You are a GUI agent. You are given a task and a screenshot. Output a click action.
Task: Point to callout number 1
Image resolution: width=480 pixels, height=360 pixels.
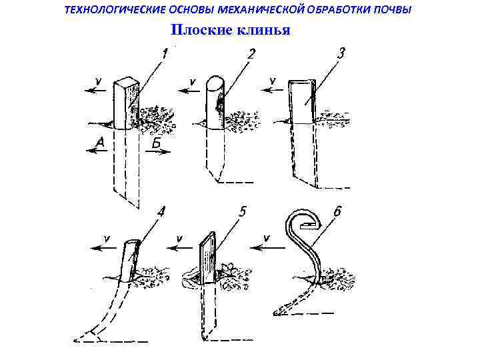click(x=164, y=51)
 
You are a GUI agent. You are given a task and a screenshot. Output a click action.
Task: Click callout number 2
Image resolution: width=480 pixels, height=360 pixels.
click(x=251, y=53)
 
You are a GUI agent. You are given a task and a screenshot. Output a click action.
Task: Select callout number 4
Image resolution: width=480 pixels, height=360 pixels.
click(x=160, y=213)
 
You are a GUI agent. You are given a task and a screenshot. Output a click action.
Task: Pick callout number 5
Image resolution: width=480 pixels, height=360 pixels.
click(x=243, y=213)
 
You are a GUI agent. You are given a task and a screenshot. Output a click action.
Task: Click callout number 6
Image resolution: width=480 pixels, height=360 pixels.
click(x=337, y=212)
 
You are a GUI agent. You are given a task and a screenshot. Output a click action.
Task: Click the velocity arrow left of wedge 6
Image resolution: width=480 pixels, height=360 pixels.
click(x=267, y=246)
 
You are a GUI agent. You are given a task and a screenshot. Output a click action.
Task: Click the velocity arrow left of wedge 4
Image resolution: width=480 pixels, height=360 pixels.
click(x=107, y=247)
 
